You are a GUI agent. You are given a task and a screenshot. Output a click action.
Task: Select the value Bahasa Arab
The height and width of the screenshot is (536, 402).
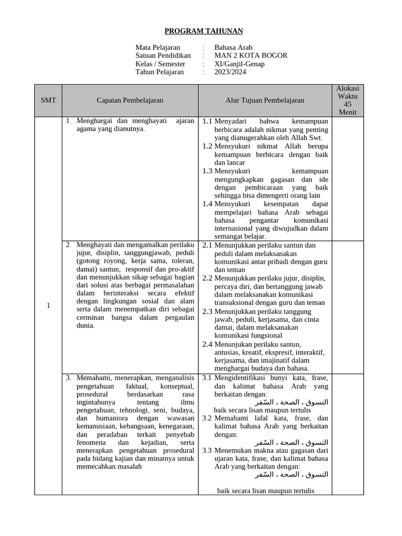tap(233, 48)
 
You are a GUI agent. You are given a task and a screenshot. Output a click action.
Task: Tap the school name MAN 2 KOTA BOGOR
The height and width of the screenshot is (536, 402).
tap(251, 55)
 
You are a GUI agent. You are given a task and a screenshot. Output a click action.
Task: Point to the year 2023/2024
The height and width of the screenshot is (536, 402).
tap(230, 72)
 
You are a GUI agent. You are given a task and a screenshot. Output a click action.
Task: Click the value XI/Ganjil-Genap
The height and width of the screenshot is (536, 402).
tap(239, 64)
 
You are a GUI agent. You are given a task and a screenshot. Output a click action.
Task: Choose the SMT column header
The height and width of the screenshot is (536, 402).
tap(48, 100)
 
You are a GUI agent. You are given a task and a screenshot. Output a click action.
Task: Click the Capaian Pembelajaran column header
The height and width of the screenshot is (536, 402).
tap(130, 100)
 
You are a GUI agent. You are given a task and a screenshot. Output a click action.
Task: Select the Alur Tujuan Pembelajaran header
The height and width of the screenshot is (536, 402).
tap(265, 100)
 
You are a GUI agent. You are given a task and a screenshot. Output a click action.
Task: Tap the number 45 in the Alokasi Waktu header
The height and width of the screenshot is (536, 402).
tap(348, 104)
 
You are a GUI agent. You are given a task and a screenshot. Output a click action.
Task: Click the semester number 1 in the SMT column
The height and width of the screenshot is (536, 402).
tap(48, 306)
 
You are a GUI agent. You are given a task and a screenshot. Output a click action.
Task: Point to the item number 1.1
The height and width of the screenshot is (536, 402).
tap(207, 121)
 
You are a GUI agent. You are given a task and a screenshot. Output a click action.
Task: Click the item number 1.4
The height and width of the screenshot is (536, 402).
tap(207, 204)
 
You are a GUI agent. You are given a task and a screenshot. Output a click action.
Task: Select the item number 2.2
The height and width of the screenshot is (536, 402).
tap(207, 278)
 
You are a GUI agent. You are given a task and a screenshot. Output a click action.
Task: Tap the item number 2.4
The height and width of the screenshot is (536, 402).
tap(207, 344)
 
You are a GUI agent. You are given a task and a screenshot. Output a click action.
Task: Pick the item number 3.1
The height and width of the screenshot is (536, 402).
tap(207, 377)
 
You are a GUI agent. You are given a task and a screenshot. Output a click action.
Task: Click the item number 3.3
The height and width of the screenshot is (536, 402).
tap(207, 450)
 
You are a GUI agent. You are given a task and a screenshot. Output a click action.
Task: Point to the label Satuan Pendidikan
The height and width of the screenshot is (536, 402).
tap(163, 55)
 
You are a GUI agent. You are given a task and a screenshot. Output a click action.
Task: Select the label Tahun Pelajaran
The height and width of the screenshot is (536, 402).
tap(160, 72)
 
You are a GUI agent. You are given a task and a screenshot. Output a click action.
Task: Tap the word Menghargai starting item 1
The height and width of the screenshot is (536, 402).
tap(96, 121)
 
